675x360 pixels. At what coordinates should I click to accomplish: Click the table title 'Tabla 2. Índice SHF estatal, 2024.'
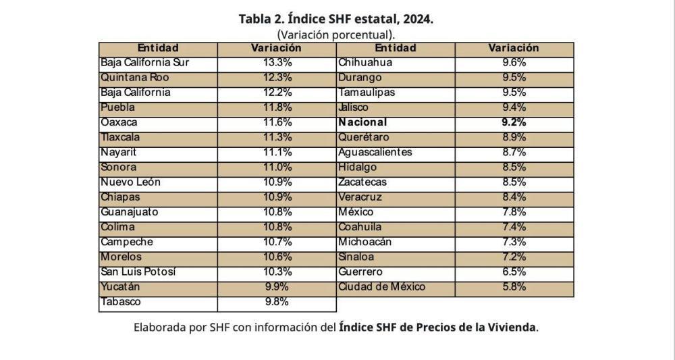tap(336, 19)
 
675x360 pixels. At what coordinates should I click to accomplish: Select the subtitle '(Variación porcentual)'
tap(336, 34)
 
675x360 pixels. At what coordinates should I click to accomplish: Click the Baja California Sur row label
tap(145, 63)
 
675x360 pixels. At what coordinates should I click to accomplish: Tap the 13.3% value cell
tap(277, 63)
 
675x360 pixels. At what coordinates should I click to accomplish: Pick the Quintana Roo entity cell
tap(135, 78)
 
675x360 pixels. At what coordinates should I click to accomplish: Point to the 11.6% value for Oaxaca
tap(277, 122)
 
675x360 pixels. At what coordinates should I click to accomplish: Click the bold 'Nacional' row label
tap(363, 122)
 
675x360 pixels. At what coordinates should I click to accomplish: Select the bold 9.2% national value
tap(514, 122)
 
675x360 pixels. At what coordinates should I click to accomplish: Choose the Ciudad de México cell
tap(382, 287)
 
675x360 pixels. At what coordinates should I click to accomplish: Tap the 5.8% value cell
tap(514, 287)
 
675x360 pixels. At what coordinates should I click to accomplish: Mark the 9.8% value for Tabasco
tap(277, 302)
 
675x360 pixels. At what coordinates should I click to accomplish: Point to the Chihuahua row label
tap(365, 63)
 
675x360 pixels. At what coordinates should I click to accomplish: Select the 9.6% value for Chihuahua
tap(514, 63)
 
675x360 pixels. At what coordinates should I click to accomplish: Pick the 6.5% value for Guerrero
tap(514, 272)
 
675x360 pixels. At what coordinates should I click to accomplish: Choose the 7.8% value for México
tap(514, 212)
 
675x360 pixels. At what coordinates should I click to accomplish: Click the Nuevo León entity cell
tap(131, 182)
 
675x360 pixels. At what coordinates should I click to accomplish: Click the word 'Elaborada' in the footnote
tap(158, 328)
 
